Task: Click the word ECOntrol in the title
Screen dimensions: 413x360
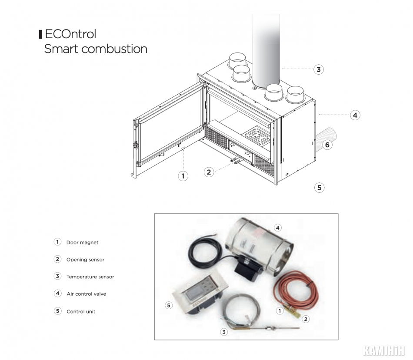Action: [70, 34]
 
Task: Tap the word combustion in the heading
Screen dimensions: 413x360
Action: [114, 49]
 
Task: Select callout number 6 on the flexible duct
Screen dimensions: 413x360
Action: [327, 145]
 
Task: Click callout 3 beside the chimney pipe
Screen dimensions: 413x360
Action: [319, 69]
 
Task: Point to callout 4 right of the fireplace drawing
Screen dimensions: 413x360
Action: [355, 115]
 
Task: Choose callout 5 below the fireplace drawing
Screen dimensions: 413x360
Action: [320, 188]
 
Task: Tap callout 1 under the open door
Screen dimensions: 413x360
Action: [183, 176]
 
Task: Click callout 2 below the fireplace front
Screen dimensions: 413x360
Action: [209, 172]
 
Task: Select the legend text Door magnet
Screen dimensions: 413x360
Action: [82, 242]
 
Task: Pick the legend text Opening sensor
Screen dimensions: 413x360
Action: [85, 260]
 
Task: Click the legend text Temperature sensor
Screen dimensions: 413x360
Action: [90, 277]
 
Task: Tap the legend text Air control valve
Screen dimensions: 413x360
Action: [87, 294]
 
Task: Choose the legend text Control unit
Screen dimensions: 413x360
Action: [81, 311]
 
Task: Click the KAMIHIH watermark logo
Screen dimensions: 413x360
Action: [383, 351]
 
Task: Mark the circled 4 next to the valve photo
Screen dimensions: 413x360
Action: [278, 228]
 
